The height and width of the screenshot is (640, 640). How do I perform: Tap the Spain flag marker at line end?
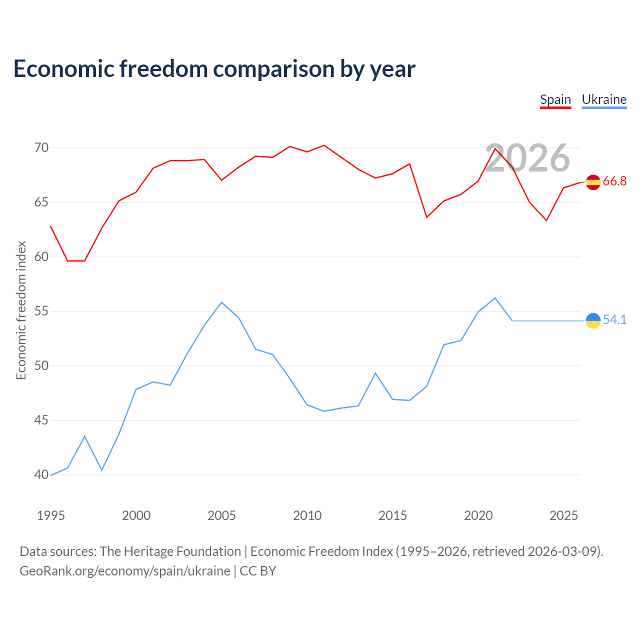coord(593,182)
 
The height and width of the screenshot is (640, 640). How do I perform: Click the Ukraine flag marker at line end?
coord(593,320)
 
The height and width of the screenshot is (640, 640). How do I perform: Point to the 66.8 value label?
coord(614,181)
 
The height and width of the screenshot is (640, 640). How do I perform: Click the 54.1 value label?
coord(614,319)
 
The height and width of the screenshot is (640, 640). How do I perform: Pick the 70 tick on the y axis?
coord(41,148)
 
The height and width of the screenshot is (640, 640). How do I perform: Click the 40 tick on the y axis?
coord(41,474)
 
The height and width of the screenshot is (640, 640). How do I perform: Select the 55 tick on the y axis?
coord(41,311)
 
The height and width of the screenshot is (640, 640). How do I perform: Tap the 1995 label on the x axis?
coord(51,516)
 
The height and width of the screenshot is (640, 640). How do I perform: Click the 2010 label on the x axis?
coord(307,516)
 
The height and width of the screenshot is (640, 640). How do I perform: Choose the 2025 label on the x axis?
coord(563,516)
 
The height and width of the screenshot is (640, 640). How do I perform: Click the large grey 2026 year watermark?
coord(527,158)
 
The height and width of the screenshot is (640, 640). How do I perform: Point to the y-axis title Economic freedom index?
coord(21,310)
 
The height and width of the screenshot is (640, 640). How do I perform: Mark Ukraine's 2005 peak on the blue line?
coord(221,302)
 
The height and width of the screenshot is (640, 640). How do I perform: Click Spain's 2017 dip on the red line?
coord(427,217)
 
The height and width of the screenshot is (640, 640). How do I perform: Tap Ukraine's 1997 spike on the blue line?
coord(84,436)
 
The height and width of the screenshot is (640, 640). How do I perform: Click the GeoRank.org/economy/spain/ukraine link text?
coord(125,571)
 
